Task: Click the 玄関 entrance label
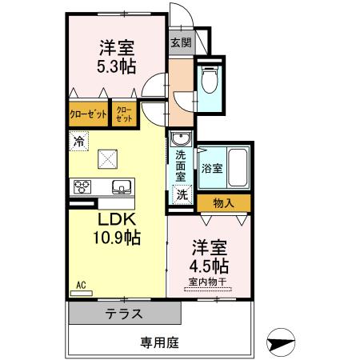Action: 180,43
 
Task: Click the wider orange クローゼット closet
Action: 88,115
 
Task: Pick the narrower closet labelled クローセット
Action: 125,115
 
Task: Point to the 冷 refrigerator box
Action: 78,142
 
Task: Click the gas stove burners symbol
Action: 82,187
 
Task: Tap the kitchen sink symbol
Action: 122,187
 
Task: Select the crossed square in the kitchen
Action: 107,159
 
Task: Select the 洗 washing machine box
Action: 182,194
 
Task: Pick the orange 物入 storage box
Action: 222,203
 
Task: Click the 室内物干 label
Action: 210,282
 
